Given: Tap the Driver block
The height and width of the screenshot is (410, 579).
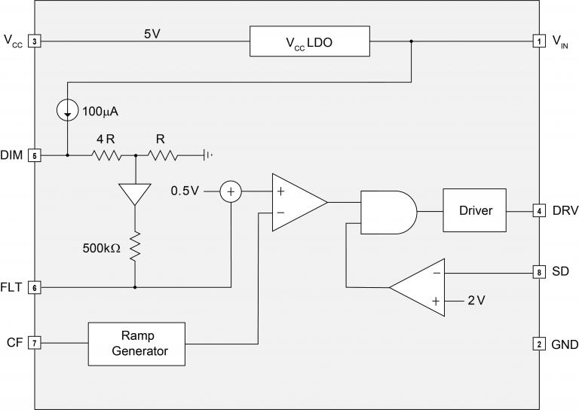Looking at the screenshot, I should coord(475,210).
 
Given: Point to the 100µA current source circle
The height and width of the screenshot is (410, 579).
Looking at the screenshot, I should coord(68,111).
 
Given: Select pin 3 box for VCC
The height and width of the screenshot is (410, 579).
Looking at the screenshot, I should coord(34,42).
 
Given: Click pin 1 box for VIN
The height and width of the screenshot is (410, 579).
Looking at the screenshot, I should coord(538,42).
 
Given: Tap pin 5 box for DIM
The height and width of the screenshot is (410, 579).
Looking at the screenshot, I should coord(34,155).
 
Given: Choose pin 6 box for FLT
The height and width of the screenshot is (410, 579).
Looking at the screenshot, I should coord(34,287).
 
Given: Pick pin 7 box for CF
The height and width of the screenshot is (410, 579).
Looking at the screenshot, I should coord(34,343).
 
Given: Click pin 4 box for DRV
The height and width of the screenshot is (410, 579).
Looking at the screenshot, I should coord(538,210).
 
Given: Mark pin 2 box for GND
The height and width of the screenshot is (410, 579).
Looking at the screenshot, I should coord(538,344).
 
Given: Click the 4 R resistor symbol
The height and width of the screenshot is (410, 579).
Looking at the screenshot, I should coord(106,155).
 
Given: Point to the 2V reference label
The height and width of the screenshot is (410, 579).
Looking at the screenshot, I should coord(476,300).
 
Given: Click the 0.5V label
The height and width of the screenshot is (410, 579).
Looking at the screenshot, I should coord(185,191).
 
